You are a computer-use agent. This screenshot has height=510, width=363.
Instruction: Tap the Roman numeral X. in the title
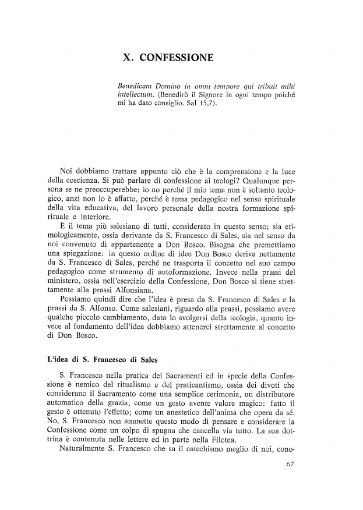[x=129, y=58]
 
